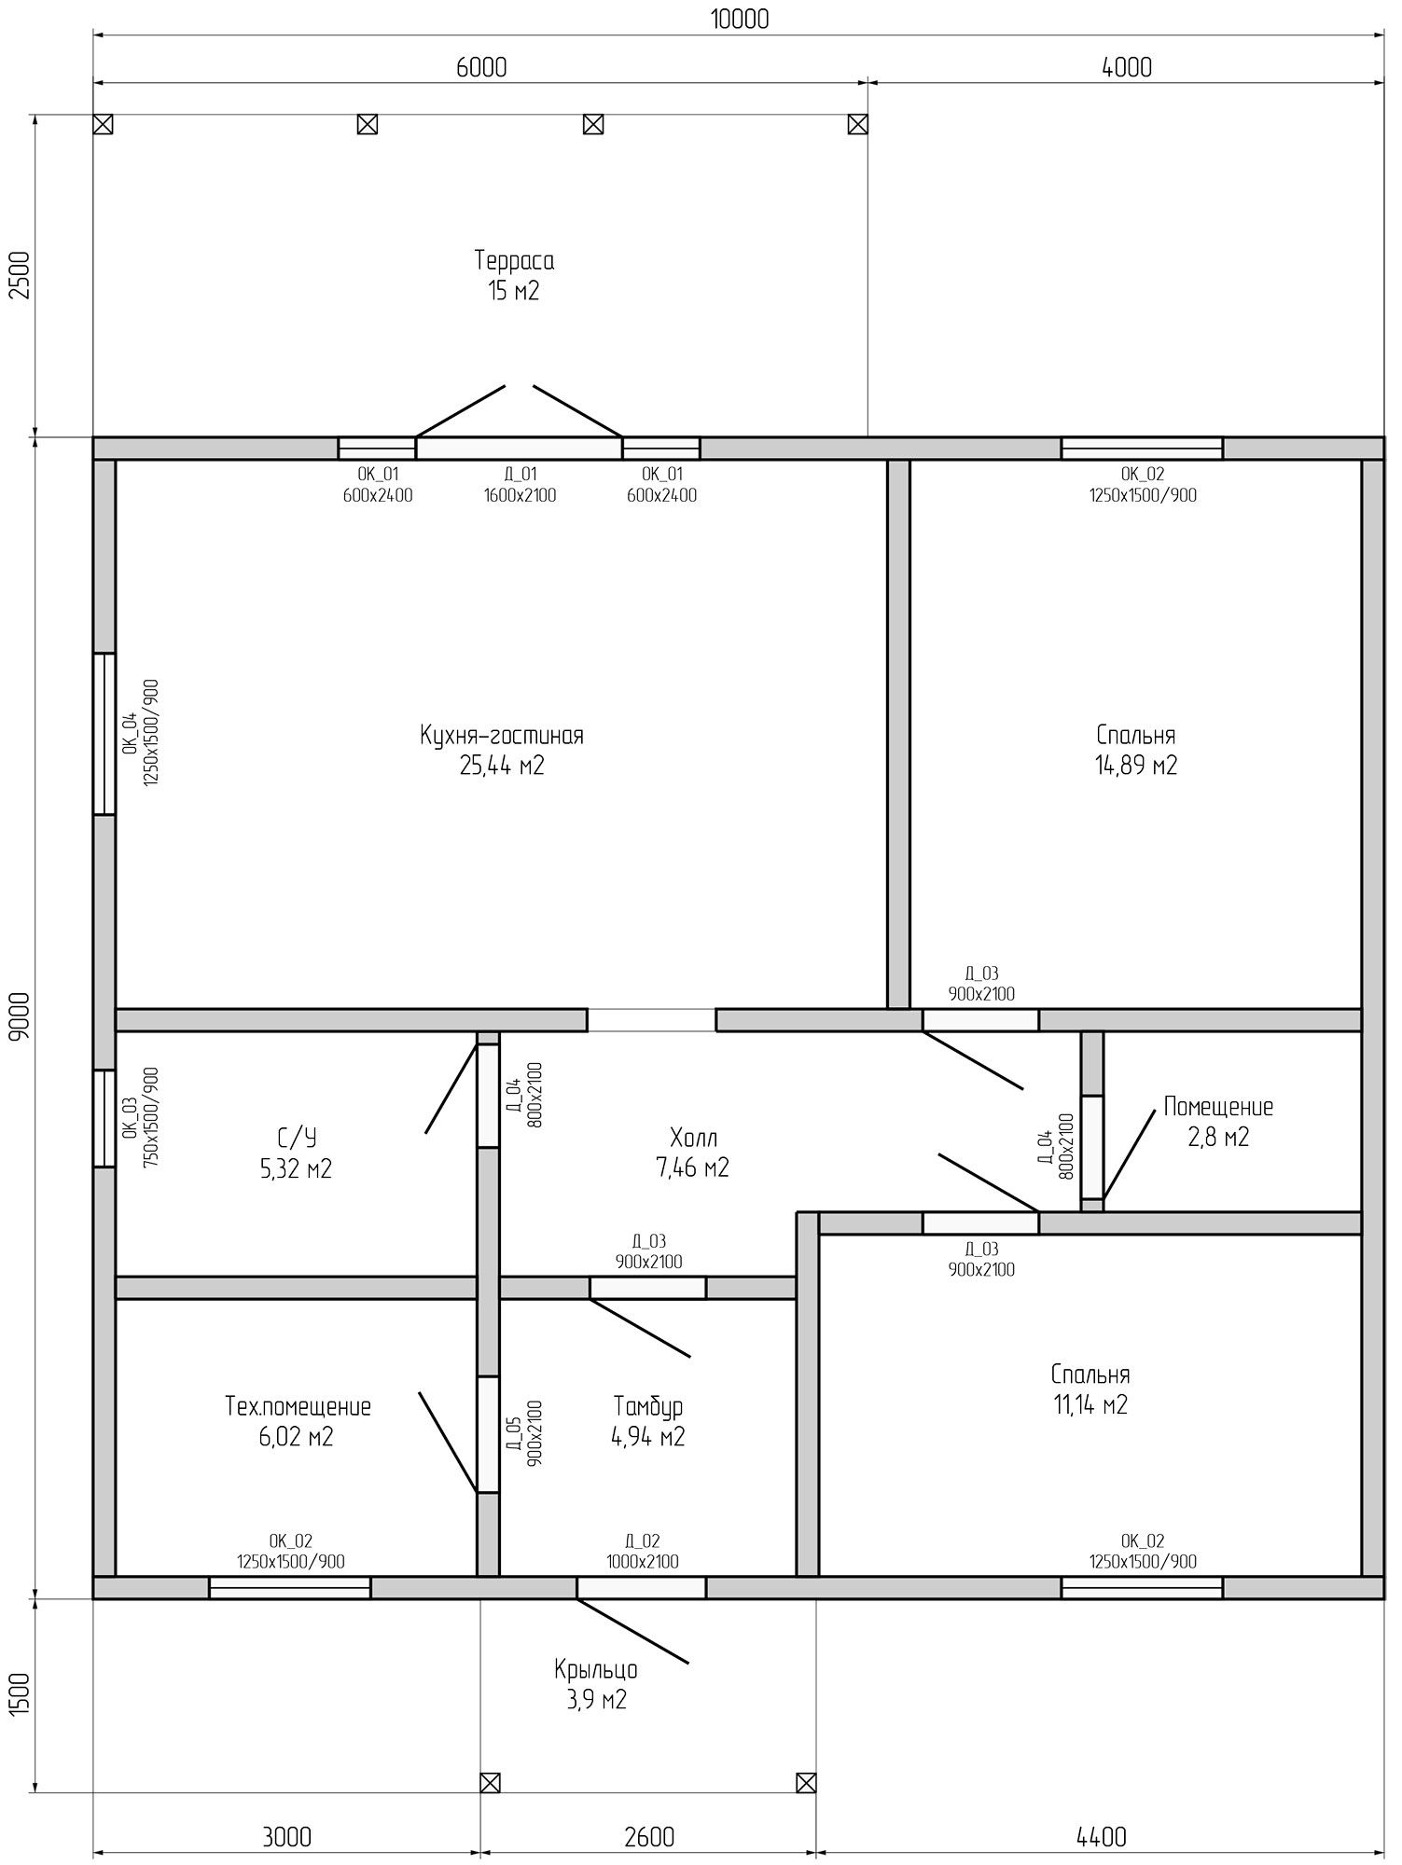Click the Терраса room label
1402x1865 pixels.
[x=514, y=259]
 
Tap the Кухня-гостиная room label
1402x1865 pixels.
[x=502, y=736]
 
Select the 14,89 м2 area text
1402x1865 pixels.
[x=1136, y=766]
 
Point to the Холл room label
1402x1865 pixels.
[x=693, y=1138]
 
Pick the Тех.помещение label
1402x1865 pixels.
[x=298, y=1406]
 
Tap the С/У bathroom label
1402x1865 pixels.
[x=297, y=1138]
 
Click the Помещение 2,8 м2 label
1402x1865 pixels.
[x=1218, y=1122]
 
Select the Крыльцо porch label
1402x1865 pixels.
[x=596, y=1669]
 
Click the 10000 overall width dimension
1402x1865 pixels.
[x=740, y=19]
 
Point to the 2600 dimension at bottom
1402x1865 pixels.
[x=649, y=1836]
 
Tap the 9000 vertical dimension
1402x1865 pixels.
[x=21, y=1015]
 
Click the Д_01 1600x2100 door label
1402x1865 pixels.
[x=520, y=485]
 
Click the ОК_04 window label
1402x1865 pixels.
[x=140, y=732]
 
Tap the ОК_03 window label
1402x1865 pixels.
[x=140, y=1117]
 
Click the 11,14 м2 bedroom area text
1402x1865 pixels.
[x=1090, y=1404]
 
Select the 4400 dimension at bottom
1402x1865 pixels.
[x=1102, y=1836]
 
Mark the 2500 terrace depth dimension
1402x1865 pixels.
[x=21, y=275]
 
